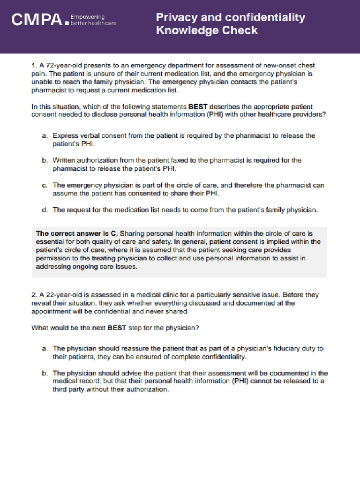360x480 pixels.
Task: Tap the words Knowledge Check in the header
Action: pos(207,30)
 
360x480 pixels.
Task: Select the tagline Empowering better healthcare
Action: pos(93,20)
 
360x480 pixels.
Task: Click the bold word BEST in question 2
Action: pos(117,328)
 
